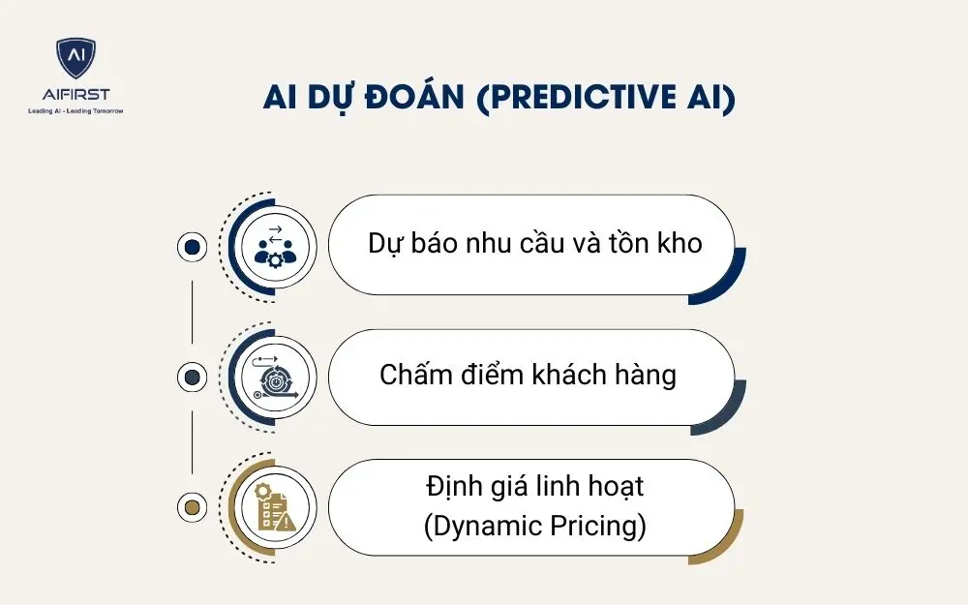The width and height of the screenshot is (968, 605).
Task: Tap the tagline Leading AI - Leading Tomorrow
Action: pos(76,111)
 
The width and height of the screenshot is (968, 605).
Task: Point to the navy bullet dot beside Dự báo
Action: pos(192,247)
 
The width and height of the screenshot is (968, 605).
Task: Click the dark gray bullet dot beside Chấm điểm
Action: pos(192,377)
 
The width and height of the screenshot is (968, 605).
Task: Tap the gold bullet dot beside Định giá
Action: pos(192,506)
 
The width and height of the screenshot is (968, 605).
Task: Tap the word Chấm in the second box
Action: pos(409,375)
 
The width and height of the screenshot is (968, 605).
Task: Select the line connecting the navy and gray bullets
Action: pos(192,312)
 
